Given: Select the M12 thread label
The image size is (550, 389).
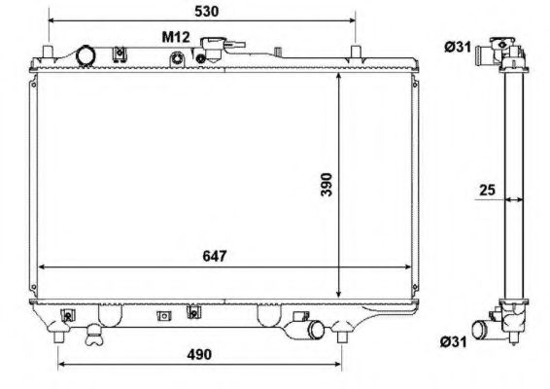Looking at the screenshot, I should tap(176, 37).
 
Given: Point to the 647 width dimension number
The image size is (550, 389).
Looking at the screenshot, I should tap(215, 258).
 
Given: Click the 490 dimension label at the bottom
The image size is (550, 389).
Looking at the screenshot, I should tap(199, 354).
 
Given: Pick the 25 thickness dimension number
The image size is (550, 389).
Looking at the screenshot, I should tap(487, 191).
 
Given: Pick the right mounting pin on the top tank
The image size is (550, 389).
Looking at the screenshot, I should tap(356, 47).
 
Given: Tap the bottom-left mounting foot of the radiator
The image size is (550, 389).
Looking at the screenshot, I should tap(60, 335).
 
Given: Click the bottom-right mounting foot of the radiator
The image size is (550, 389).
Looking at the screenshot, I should tap(341, 335).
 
